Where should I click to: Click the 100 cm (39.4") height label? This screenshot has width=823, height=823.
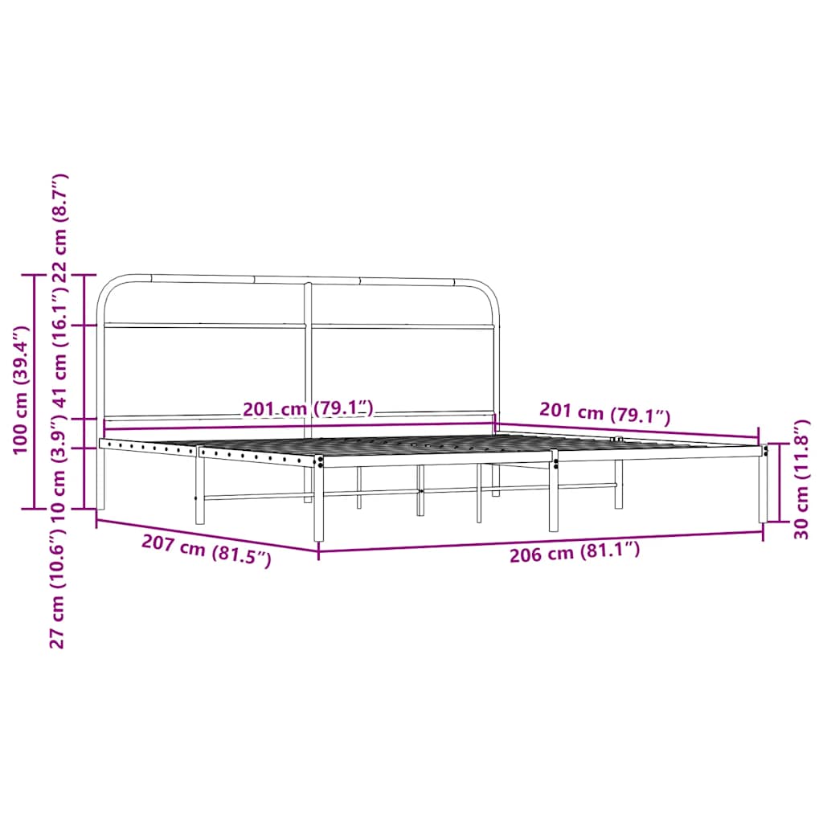click(21, 390)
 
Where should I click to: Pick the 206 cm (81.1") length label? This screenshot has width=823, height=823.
click(575, 551)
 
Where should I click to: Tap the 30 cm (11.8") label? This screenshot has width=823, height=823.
click(800, 479)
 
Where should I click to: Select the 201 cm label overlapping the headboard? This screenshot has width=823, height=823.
click(309, 409)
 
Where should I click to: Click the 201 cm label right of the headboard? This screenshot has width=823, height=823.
click(604, 413)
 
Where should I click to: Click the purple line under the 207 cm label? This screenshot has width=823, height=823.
click(207, 536)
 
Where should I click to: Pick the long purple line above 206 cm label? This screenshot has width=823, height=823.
click(540, 543)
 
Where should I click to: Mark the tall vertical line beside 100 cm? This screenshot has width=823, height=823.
click(33, 391)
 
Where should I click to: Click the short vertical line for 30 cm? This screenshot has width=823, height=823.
click(779, 482)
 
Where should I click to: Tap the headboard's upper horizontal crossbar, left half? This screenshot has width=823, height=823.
click(205, 325)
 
